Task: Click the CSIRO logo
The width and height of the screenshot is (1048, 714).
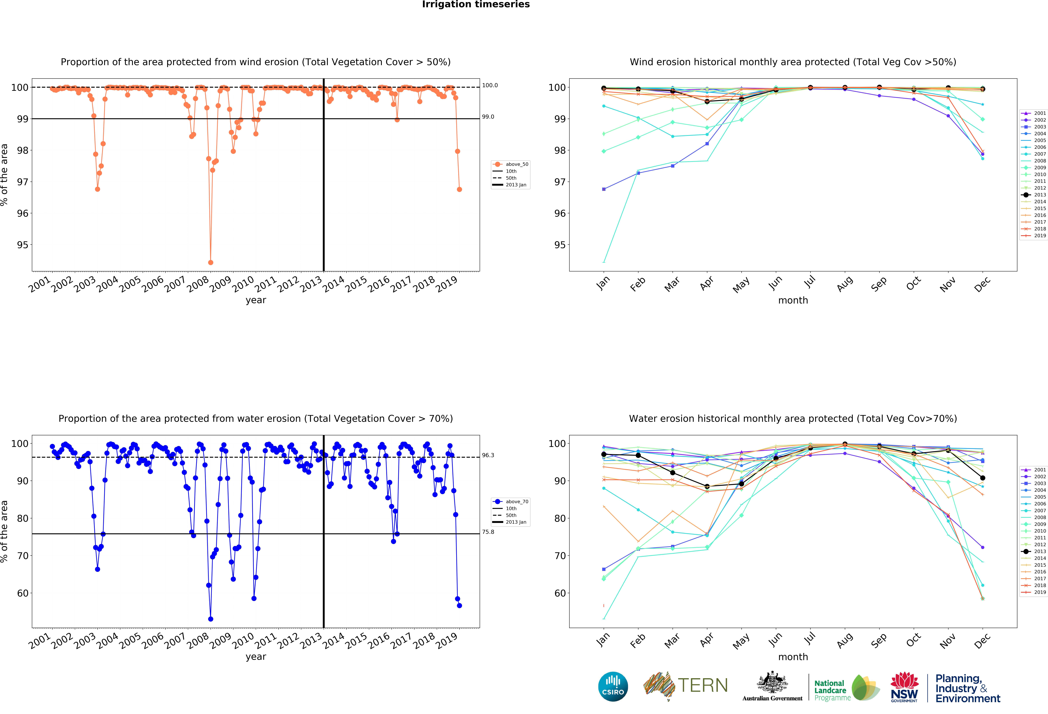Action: pos(613,686)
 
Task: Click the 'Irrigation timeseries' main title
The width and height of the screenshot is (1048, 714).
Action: pos(476,4)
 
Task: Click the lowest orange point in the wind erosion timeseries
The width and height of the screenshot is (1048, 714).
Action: pos(211,262)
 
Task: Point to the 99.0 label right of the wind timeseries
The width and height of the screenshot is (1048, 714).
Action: pos(488,117)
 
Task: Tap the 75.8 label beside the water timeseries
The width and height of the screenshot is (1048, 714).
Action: pos(488,532)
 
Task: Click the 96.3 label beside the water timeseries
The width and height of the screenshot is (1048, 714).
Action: pos(488,455)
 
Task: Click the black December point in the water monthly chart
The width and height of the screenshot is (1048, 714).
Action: pos(983,478)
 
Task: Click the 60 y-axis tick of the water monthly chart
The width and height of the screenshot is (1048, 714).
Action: pos(560,593)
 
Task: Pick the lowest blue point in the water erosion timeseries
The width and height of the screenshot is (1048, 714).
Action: pos(211,619)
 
